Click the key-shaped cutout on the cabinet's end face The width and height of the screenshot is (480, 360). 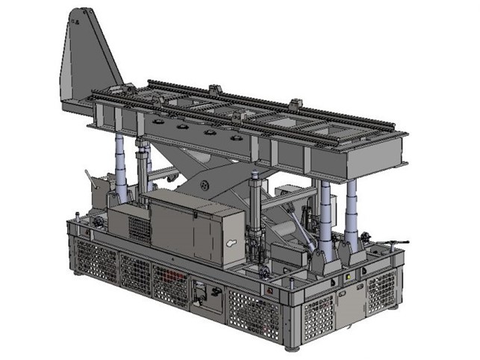coord(231,245)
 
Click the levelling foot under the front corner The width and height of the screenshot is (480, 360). coord(293,347)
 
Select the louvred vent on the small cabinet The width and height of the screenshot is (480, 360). coord(139,227)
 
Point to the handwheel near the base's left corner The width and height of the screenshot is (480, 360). coord(96,223)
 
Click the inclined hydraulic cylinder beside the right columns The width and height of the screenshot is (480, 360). coord(305,223)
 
